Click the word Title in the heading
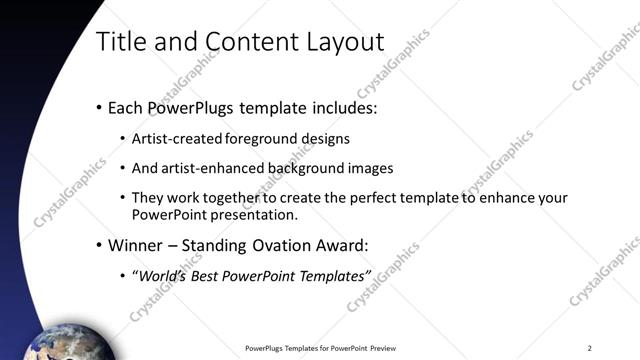click(120, 42)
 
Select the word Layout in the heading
click(346, 42)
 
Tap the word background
click(304, 168)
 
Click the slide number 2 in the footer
click(590, 348)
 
